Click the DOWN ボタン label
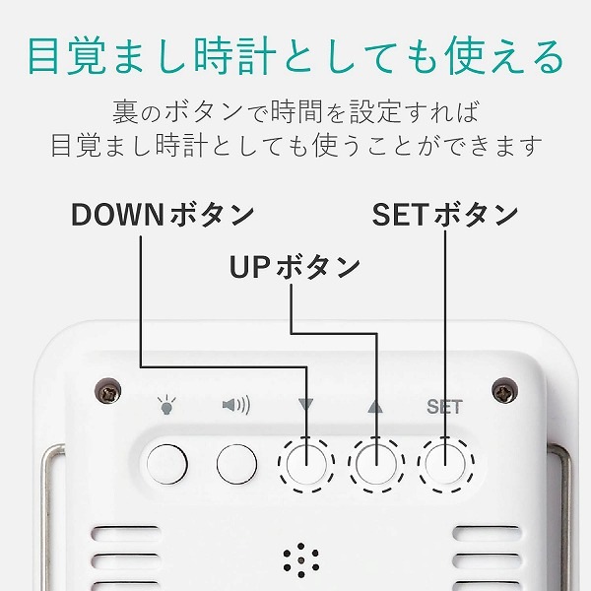coord(163,215)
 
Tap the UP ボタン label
coord(295,267)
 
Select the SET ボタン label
coord(445,215)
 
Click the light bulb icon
coord(166,406)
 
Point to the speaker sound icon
coord(236,405)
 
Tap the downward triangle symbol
coord(305,405)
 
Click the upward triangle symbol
coord(375,406)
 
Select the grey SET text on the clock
coord(444,407)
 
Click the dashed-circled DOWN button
coord(306,464)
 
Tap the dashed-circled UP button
coord(376,464)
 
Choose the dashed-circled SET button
coord(445,464)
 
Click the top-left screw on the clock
coord(107,391)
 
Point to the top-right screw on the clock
coord(504,390)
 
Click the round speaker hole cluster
coord(300,560)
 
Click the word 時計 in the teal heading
coord(235,56)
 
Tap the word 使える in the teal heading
coord(504,56)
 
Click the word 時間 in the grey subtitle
coord(297,112)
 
